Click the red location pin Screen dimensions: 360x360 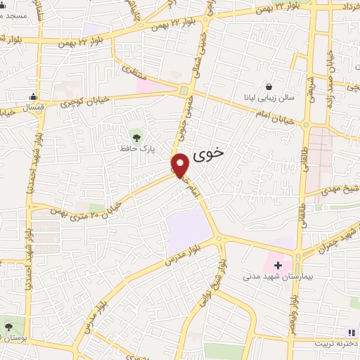point(181,165)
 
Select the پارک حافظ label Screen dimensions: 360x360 point(136,150)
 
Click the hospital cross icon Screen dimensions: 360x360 point(278,265)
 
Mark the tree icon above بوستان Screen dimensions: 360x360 point(8,327)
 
